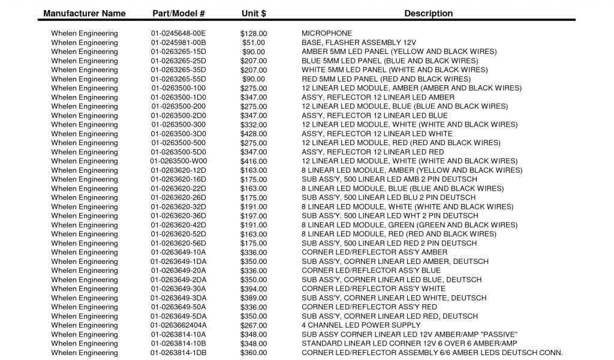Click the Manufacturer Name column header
tap(85, 13)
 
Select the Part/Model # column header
tap(179, 13)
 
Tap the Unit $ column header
tap(254, 13)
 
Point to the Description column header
tap(428, 13)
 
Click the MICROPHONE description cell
tap(327, 34)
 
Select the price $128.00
tap(254, 34)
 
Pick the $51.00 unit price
tap(254, 43)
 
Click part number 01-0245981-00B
tap(178, 43)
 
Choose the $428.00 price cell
tap(254, 134)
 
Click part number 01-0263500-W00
tap(178, 161)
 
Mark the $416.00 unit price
tap(254, 161)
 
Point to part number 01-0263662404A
tap(178, 325)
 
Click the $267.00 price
tap(254, 325)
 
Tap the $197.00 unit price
tap(254, 216)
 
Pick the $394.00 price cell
tap(254, 289)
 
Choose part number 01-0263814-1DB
tap(178, 353)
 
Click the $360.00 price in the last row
tap(254, 353)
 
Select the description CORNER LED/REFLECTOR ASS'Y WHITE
tap(374, 289)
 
